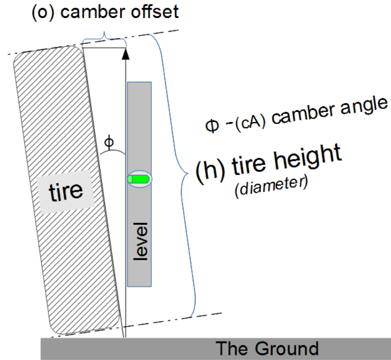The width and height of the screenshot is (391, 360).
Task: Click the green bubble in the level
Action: pos(139,179)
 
